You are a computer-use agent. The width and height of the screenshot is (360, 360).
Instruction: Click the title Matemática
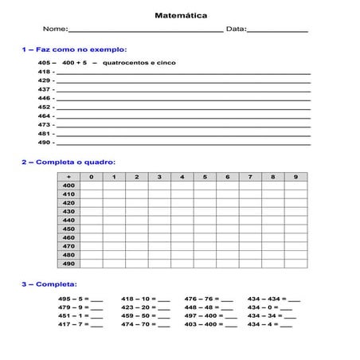[x=179, y=14]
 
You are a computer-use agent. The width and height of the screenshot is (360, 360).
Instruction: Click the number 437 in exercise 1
[x=45, y=89]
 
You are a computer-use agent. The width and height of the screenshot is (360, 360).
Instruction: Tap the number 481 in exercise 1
[x=45, y=134]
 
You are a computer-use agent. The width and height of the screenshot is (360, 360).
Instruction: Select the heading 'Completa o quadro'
[x=72, y=161]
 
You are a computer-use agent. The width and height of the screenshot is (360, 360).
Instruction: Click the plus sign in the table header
[x=68, y=176]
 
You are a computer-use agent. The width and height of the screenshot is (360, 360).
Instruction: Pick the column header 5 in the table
[x=205, y=176]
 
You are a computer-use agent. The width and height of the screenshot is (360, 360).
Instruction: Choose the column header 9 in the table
[x=295, y=176]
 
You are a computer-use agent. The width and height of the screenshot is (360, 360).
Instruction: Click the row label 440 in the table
[x=68, y=220]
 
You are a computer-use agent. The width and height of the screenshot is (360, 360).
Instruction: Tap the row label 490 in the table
[x=68, y=264]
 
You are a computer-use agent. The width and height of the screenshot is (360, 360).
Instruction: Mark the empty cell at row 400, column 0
[x=92, y=185]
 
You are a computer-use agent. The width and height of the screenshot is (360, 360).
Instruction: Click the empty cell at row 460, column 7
[x=250, y=237]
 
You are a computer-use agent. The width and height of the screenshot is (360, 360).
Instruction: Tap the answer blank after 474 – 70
[x=163, y=325]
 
